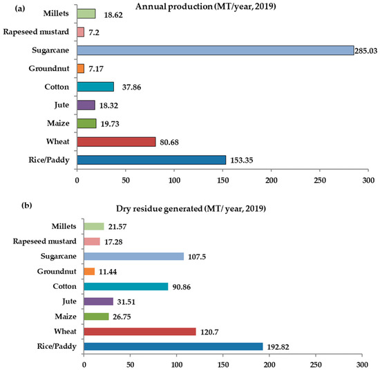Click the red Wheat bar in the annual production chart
point(116,141)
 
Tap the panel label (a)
point(11,8)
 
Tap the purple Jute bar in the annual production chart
point(86,105)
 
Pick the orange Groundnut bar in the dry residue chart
point(88,271)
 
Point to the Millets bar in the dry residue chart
point(93,226)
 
